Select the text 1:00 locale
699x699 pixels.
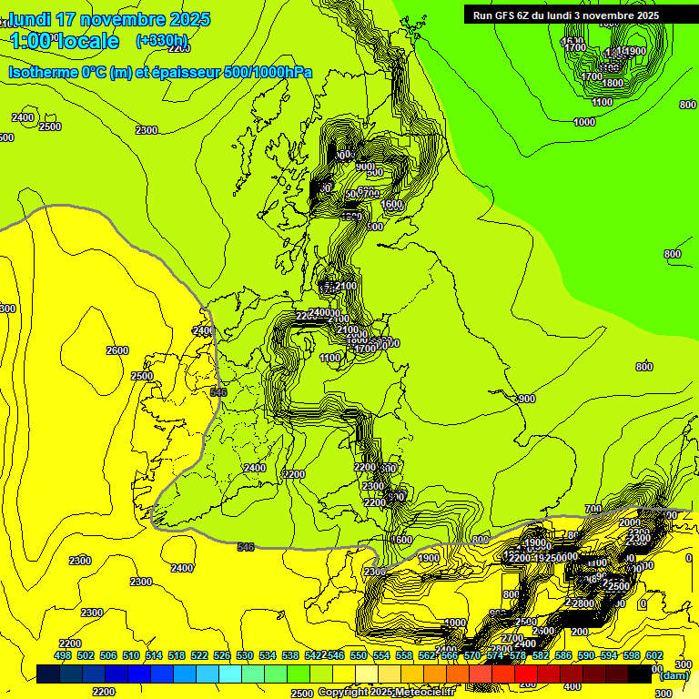coord(65,41)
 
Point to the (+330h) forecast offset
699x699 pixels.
coord(161,41)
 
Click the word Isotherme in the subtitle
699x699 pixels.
coord(44,72)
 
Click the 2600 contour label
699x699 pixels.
coord(117,350)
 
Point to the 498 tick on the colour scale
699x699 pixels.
coord(63,655)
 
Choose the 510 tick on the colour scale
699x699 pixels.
coord(131,655)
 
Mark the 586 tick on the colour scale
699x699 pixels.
coord(563,655)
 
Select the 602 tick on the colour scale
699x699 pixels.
coord(654,655)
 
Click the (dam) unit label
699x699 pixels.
coord(674,675)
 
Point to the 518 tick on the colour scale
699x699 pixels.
coord(177,655)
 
